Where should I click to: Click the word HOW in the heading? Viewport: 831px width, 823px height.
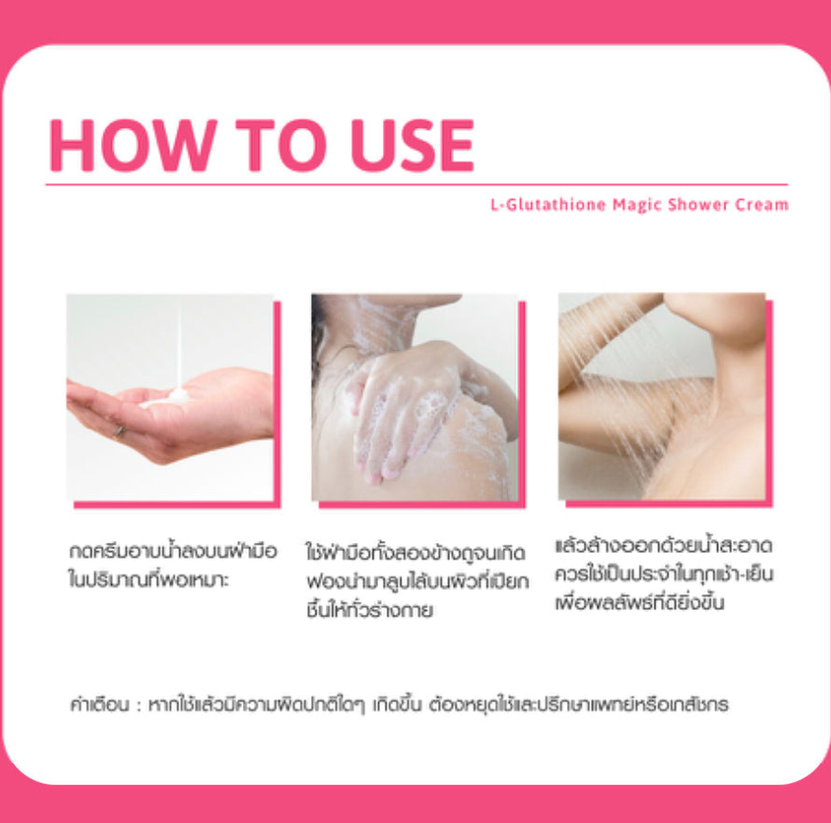[x=133, y=145]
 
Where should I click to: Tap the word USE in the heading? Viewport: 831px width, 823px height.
[x=413, y=145]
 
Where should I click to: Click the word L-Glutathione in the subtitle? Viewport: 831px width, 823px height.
[x=548, y=205]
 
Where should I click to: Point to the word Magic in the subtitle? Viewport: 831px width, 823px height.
[x=637, y=206]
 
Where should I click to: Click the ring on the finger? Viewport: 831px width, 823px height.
[x=120, y=433]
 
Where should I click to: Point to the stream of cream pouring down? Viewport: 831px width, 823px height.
[x=179, y=345]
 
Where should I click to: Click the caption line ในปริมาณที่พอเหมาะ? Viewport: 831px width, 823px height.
[x=148, y=579]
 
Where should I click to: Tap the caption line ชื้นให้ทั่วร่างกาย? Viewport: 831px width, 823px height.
[x=370, y=610]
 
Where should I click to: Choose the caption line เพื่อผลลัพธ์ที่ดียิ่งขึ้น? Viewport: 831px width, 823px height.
[x=640, y=603]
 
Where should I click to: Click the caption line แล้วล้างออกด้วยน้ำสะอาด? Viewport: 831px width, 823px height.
[x=664, y=546]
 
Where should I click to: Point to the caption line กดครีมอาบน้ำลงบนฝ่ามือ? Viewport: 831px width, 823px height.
[x=173, y=551]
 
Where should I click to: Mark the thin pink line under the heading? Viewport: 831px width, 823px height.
[x=416, y=185]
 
